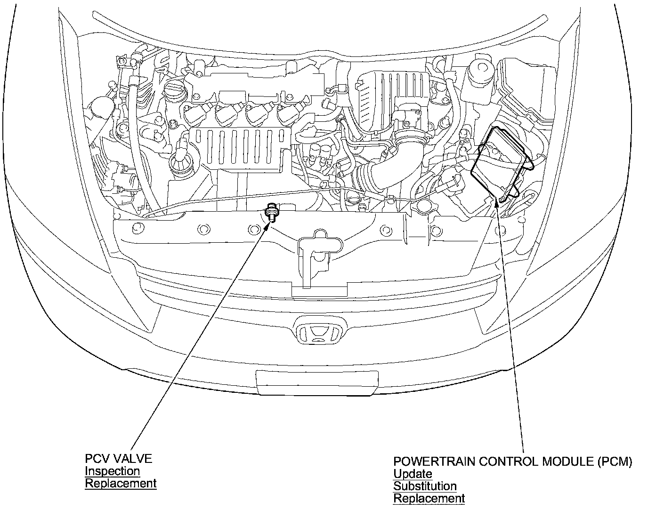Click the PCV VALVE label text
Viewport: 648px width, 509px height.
119,459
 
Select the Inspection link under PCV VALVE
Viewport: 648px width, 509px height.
112,471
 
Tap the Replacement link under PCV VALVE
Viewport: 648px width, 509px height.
120,483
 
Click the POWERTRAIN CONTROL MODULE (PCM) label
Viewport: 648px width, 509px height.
512,461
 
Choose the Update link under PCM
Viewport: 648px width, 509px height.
413,474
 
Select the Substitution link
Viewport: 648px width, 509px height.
425,486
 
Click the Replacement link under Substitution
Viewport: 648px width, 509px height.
429,498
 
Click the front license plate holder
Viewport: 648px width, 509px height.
317,382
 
